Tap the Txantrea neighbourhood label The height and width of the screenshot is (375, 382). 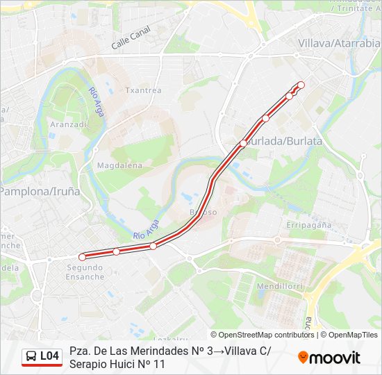coord(143,90)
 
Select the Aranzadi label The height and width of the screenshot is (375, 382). coord(68,124)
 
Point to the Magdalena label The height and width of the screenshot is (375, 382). coord(119,165)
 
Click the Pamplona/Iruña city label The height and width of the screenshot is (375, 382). coord(40,190)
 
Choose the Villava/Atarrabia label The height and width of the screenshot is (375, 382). coord(339,43)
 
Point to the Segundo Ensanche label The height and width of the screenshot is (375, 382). coord(85,272)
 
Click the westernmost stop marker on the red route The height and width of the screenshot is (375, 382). coord(82,257)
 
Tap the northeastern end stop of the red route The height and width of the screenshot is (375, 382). coord(301,85)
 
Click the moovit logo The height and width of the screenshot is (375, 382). coord(329,358)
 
